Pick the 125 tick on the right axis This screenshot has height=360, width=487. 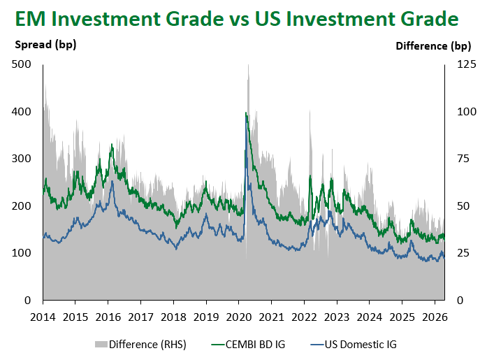[x=467, y=64]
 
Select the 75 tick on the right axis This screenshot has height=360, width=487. [x=464, y=159]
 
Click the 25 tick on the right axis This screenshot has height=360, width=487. [x=464, y=253]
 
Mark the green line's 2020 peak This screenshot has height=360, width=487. [x=246, y=113]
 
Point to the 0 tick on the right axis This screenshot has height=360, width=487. [x=461, y=301]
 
